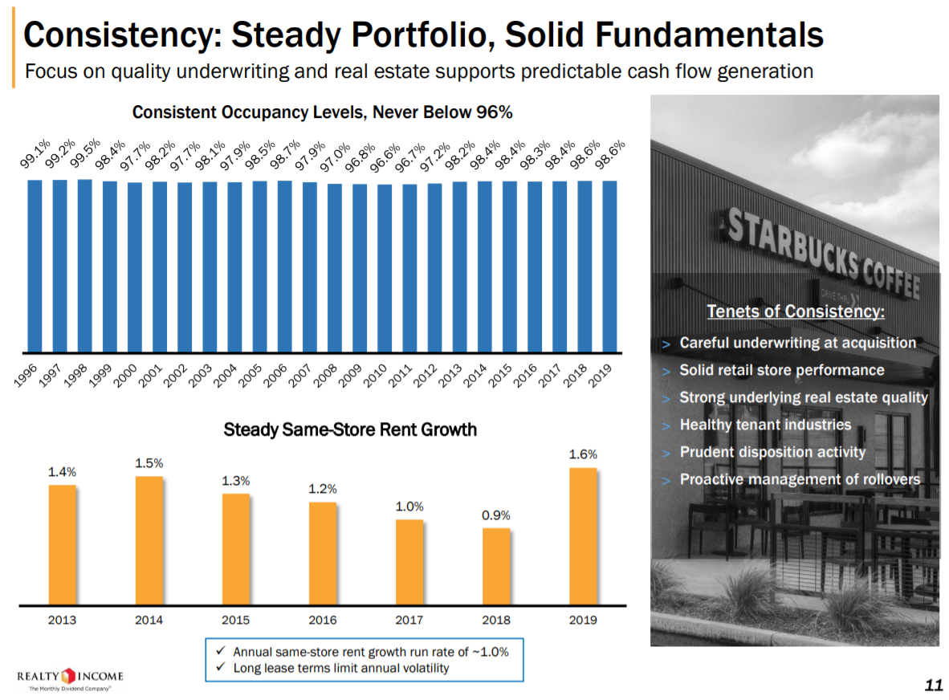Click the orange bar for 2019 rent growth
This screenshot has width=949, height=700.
pos(583,535)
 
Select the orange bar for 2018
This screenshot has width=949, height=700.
pos(496,565)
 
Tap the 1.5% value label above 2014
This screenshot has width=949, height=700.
pos(149,463)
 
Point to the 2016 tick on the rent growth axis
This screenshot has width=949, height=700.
pos(322,620)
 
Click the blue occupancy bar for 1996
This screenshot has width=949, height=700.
pos(35,266)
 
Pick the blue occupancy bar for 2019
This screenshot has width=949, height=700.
pos(610,266)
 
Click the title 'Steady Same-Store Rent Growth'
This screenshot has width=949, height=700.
pos(350,429)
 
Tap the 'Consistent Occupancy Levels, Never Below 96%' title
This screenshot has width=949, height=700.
pos(322,112)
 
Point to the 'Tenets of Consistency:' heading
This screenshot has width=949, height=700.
pos(795,311)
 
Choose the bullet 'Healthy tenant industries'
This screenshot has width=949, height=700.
pos(764,425)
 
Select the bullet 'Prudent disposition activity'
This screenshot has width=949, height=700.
pos(772,452)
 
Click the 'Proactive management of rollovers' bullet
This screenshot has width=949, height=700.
pos(800,479)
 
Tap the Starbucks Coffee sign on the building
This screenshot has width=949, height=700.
pos(827,249)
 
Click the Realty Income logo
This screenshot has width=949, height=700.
pos(70,677)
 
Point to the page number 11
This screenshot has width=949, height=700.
pos(932,685)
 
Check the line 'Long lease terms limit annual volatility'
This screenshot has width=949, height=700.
pos(340,668)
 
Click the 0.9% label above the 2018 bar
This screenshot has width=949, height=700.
pos(496,515)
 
